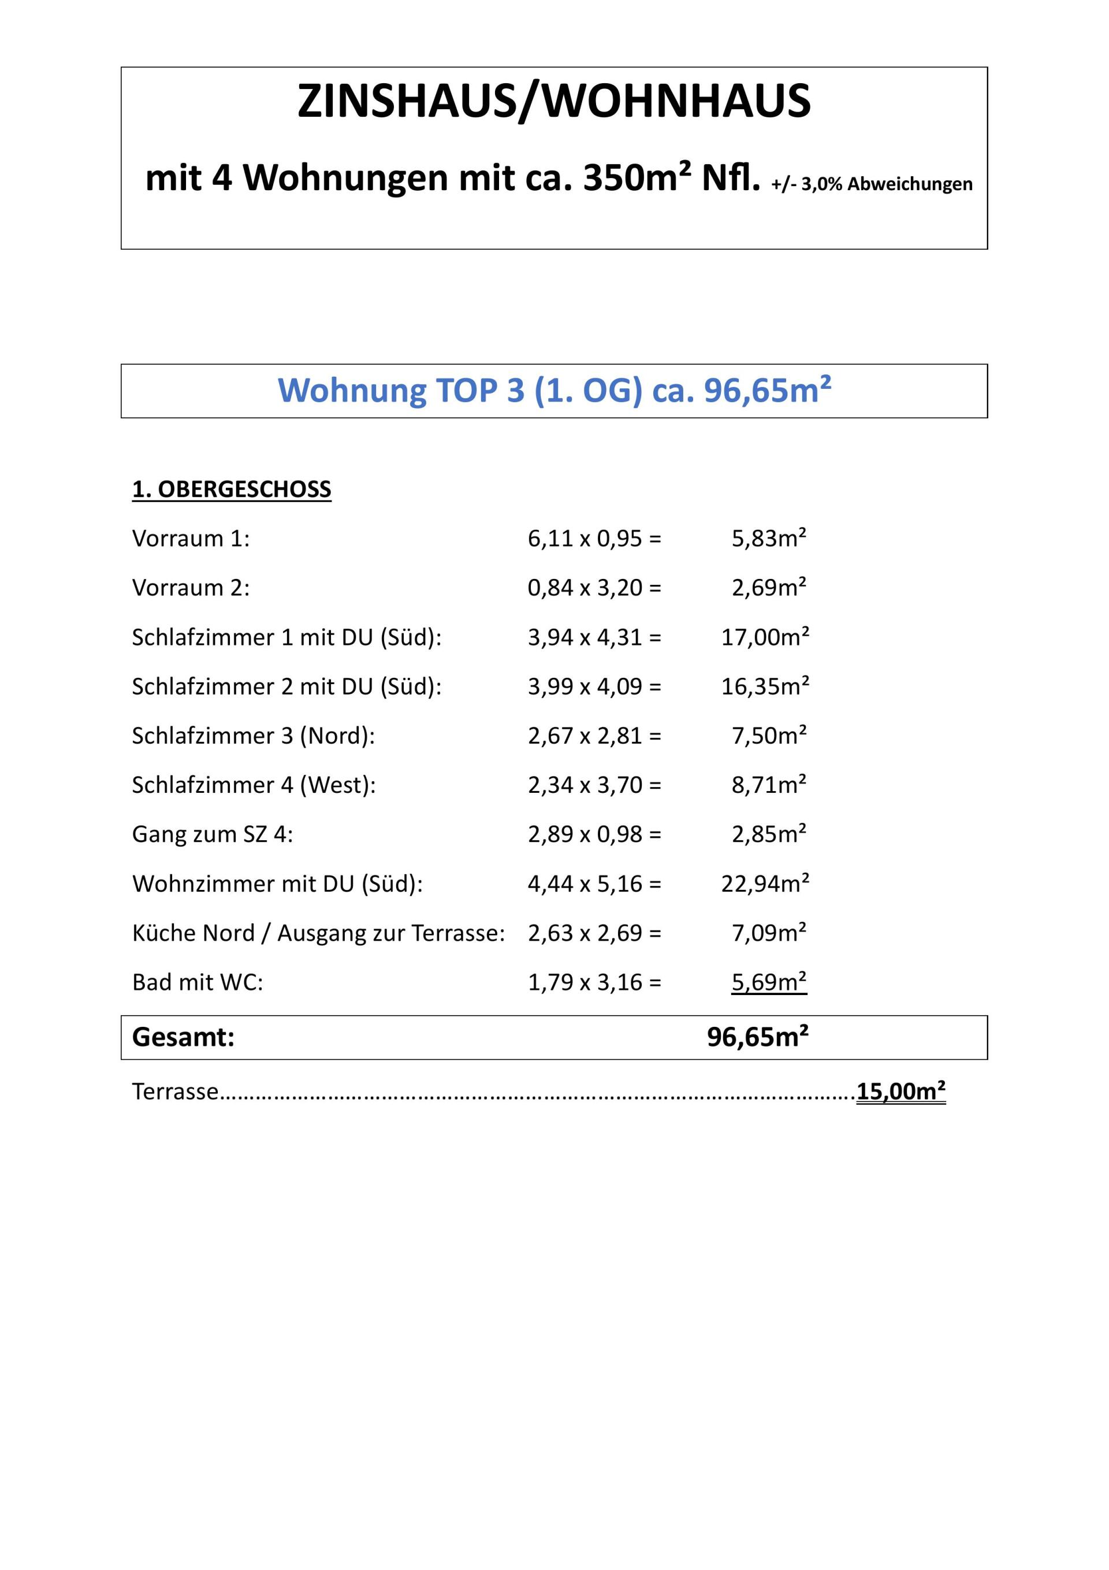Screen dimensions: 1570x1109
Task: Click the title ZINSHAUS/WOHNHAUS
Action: (554, 101)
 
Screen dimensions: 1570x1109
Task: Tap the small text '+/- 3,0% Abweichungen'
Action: (871, 184)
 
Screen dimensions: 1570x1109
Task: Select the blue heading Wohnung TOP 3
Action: (554, 391)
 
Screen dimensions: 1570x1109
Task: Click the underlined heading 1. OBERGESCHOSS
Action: (231, 489)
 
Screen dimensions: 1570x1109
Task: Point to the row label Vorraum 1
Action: (191, 539)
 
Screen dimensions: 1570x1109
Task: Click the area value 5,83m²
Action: (769, 539)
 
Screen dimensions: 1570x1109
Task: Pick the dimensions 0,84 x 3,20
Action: (593, 588)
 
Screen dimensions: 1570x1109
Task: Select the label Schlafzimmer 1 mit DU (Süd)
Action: (286, 637)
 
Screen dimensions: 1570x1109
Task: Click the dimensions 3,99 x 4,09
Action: (593, 686)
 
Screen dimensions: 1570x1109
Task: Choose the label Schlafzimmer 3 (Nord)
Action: (253, 736)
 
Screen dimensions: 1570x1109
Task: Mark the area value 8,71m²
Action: (769, 785)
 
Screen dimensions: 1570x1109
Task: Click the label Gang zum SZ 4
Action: (212, 834)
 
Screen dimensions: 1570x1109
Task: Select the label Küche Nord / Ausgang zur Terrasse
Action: (318, 933)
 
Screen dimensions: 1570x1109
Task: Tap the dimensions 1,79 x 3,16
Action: (593, 982)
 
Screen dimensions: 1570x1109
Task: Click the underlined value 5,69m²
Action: (769, 982)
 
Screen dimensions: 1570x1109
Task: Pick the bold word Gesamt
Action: (183, 1037)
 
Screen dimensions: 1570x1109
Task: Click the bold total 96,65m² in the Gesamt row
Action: (758, 1037)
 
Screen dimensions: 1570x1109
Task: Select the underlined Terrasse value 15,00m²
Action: (900, 1092)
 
